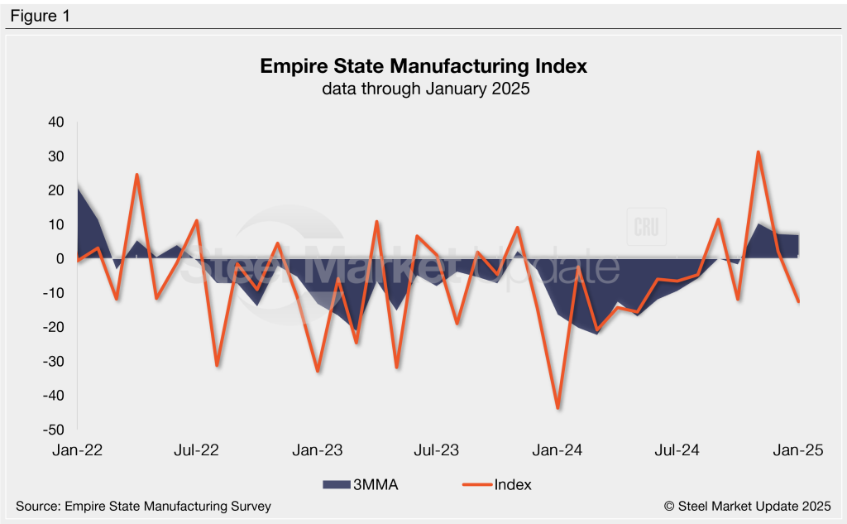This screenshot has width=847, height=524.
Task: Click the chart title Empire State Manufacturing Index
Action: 423,66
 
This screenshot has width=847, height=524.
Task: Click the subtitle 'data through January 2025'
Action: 423,89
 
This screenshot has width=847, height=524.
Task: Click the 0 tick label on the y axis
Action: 59,259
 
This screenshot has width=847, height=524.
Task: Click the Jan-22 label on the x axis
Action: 76,451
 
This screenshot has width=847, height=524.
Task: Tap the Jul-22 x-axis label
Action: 196,451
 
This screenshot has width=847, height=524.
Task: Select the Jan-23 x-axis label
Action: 318,451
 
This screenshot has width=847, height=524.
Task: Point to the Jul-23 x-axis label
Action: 437,451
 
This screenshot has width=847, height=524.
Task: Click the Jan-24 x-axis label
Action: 558,451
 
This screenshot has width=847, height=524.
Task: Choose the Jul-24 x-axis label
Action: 677,451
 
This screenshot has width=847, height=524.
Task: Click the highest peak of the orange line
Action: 758,152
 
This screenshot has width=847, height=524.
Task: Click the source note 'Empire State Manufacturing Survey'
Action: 142,506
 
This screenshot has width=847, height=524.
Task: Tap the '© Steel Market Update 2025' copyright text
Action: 747,506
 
